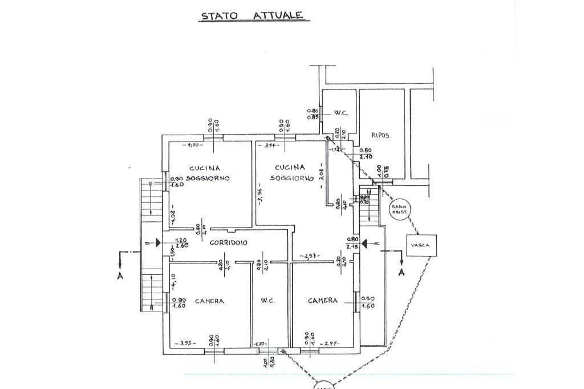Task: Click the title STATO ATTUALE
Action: (252, 15)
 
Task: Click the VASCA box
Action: (421, 245)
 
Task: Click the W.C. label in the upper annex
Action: (341, 113)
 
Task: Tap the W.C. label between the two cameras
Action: (268, 301)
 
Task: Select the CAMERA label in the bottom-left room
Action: (209, 301)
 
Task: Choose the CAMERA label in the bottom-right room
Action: (323, 300)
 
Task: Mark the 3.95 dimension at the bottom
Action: (186, 343)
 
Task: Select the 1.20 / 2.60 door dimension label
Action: (181, 243)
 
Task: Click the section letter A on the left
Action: (120, 275)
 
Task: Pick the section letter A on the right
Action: (401, 272)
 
